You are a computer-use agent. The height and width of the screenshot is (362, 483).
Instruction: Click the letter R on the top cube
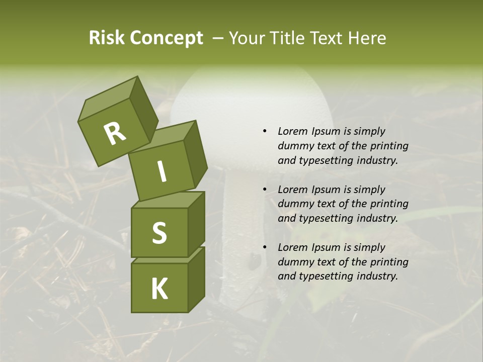tap(115, 133)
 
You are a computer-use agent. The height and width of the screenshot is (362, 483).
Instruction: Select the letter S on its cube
tap(159, 233)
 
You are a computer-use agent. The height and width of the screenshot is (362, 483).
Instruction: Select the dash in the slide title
tap(218, 38)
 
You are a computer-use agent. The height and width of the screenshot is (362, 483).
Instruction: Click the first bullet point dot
tap(265, 131)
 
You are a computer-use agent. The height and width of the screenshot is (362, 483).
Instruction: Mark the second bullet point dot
tap(265, 190)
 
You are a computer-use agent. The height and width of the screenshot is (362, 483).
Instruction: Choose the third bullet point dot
tap(265, 247)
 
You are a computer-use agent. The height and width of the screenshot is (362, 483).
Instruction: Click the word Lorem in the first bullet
tap(292, 131)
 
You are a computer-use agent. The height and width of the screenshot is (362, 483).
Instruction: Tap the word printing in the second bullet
tap(389, 204)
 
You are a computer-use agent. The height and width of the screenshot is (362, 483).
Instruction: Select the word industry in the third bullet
tap(377, 276)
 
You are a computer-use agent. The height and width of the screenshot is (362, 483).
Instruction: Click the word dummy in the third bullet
tap(294, 261)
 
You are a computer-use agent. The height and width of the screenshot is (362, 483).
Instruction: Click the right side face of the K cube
tap(196, 279)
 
